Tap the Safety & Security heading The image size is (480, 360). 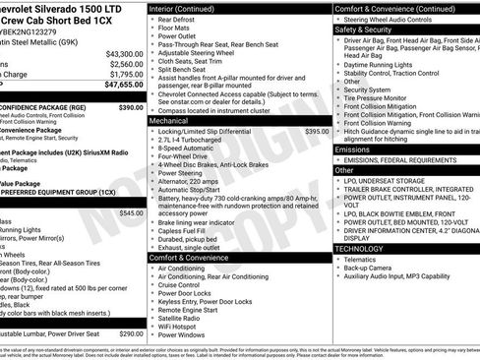tap(370, 30)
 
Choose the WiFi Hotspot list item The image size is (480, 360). tap(183, 325)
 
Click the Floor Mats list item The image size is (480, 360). tap(178, 30)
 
